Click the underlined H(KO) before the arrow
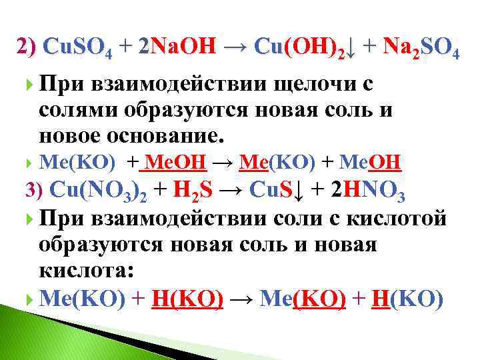(x=189, y=299)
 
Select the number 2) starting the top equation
(x=27, y=47)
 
